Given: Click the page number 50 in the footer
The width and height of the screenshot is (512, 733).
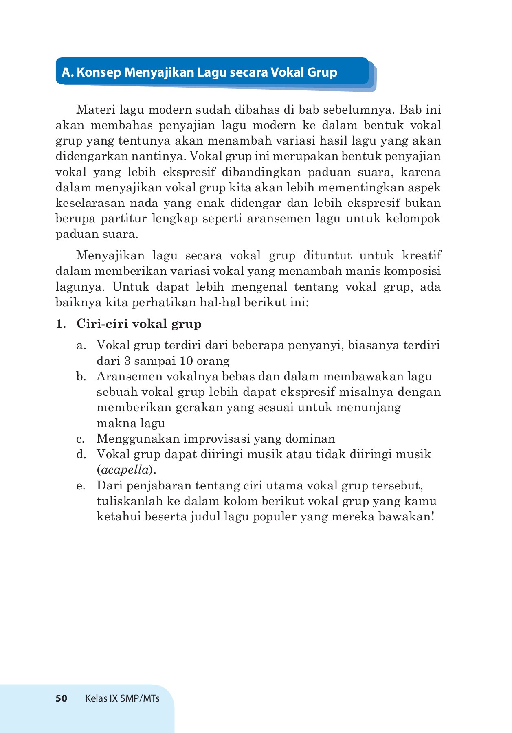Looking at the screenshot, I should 61,698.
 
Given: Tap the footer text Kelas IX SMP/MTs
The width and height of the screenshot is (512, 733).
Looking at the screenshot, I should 122,698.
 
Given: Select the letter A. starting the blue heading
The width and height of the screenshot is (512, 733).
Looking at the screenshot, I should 67,72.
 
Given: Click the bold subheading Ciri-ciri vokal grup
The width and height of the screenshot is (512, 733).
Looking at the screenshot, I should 139,324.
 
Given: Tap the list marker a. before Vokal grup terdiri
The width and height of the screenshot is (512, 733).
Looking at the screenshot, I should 81,346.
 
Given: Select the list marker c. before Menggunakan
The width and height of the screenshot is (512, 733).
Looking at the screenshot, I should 80,439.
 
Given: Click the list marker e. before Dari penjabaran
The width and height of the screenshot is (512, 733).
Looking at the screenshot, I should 81,486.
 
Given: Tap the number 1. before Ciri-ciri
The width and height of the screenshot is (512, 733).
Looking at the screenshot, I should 61,324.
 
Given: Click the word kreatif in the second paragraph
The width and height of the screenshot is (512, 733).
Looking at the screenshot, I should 421,256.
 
